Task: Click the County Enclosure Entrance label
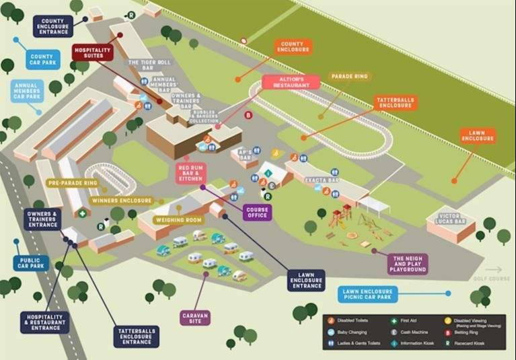pyautogui.click(x=53, y=26)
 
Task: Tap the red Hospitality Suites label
pyautogui.click(x=94, y=52)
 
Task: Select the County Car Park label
pyautogui.click(x=42, y=60)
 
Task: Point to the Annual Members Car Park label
pyautogui.click(x=28, y=91)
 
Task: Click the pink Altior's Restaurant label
pyautogui.click(x=291, y=82)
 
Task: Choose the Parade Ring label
pyautogui.click(x=350, y=77)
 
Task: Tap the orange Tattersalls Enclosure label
pyautogui.click(x=395, y=102)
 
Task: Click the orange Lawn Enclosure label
pyautogui.click(x=478, y=135)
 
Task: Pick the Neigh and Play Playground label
pyautogui.click(x=408, y=264)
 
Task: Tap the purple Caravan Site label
pyautogui.click(x=195, y=317)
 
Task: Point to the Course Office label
pyautogui.click(x=258, y=213)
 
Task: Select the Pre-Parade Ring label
pyautogui.click(x=72, y=183)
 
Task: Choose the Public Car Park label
pyautogui.click(x=31, y=262)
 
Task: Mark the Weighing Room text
pyautogui.click(x=179, y=220)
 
